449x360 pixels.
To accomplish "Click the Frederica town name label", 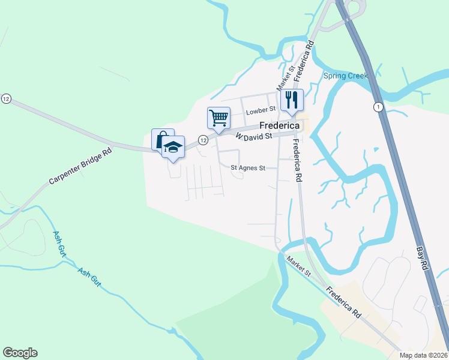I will (279, 126).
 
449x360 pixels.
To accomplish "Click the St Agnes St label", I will (248, 169).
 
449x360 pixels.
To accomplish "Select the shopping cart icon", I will (218, 117).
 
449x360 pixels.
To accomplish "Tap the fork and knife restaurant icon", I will (292, 100).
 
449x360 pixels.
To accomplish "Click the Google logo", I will (20, 353).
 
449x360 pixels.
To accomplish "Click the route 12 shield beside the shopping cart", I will (203, 140).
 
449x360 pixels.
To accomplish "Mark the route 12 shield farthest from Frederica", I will (6, 98).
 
